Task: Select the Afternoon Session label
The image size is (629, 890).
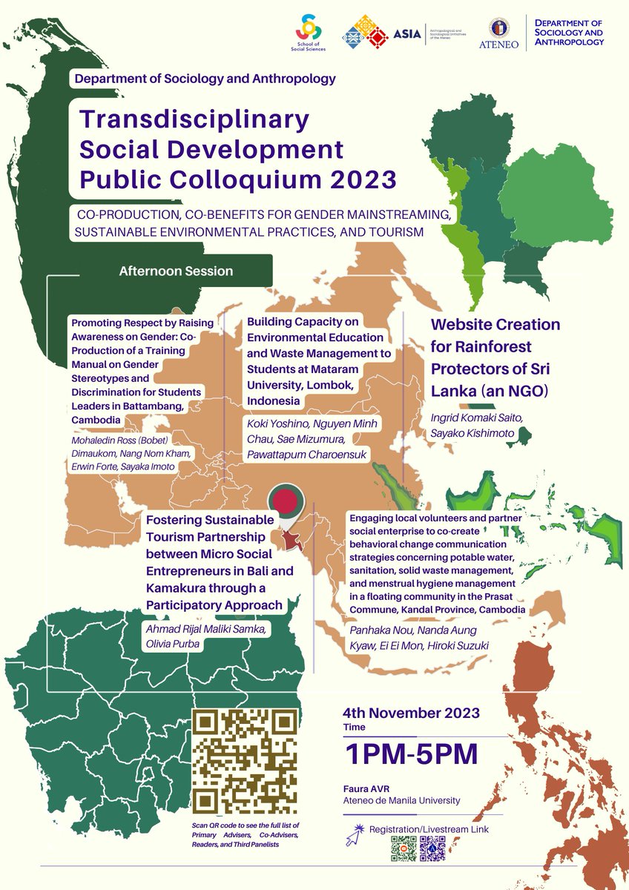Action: (x=176, y=271)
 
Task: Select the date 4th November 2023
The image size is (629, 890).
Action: (x=412, y=713)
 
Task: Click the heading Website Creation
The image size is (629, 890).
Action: (x=495, y=325)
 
